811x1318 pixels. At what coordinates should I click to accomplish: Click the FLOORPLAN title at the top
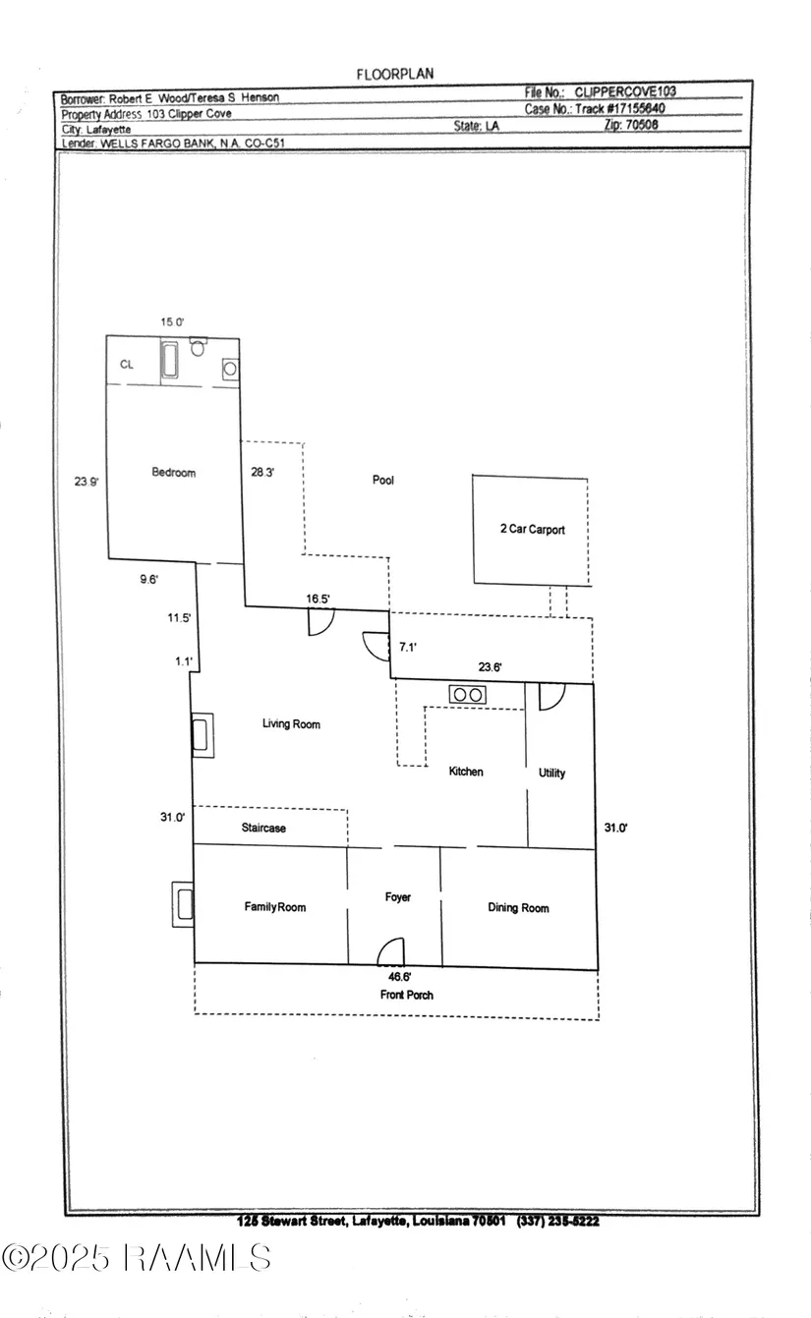pos(394,74)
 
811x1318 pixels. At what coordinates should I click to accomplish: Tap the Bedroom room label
pos(173,473)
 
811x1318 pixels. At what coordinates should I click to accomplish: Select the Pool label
pos(382,481)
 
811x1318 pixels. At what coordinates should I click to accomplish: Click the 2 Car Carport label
pos(532,530)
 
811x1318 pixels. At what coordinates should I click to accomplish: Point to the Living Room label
pos(291,724)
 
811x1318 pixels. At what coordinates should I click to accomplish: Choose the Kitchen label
pos(466,772)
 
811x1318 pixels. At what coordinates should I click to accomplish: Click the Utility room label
pos(551,774)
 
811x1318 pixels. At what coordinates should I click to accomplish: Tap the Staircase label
pos(263,829)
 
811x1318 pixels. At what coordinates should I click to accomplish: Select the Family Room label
pos(275,907)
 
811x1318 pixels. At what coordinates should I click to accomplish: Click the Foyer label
pos(397,897)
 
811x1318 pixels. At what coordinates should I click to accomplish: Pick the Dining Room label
pos(518,907)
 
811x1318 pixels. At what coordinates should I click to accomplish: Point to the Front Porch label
pos(406,995)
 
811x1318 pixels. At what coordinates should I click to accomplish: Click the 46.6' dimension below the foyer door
pos(398,977)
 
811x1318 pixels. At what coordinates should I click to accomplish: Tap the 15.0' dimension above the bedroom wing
pos(173,322)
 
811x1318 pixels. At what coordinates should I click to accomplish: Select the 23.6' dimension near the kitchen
pos(490,666)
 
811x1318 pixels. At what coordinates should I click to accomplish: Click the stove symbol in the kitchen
pos(467,695)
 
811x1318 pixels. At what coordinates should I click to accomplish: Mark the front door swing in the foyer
pos(391,951)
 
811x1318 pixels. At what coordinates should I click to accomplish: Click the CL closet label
pos(126,365)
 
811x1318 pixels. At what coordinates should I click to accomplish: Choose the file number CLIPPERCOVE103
pos(625,91)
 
